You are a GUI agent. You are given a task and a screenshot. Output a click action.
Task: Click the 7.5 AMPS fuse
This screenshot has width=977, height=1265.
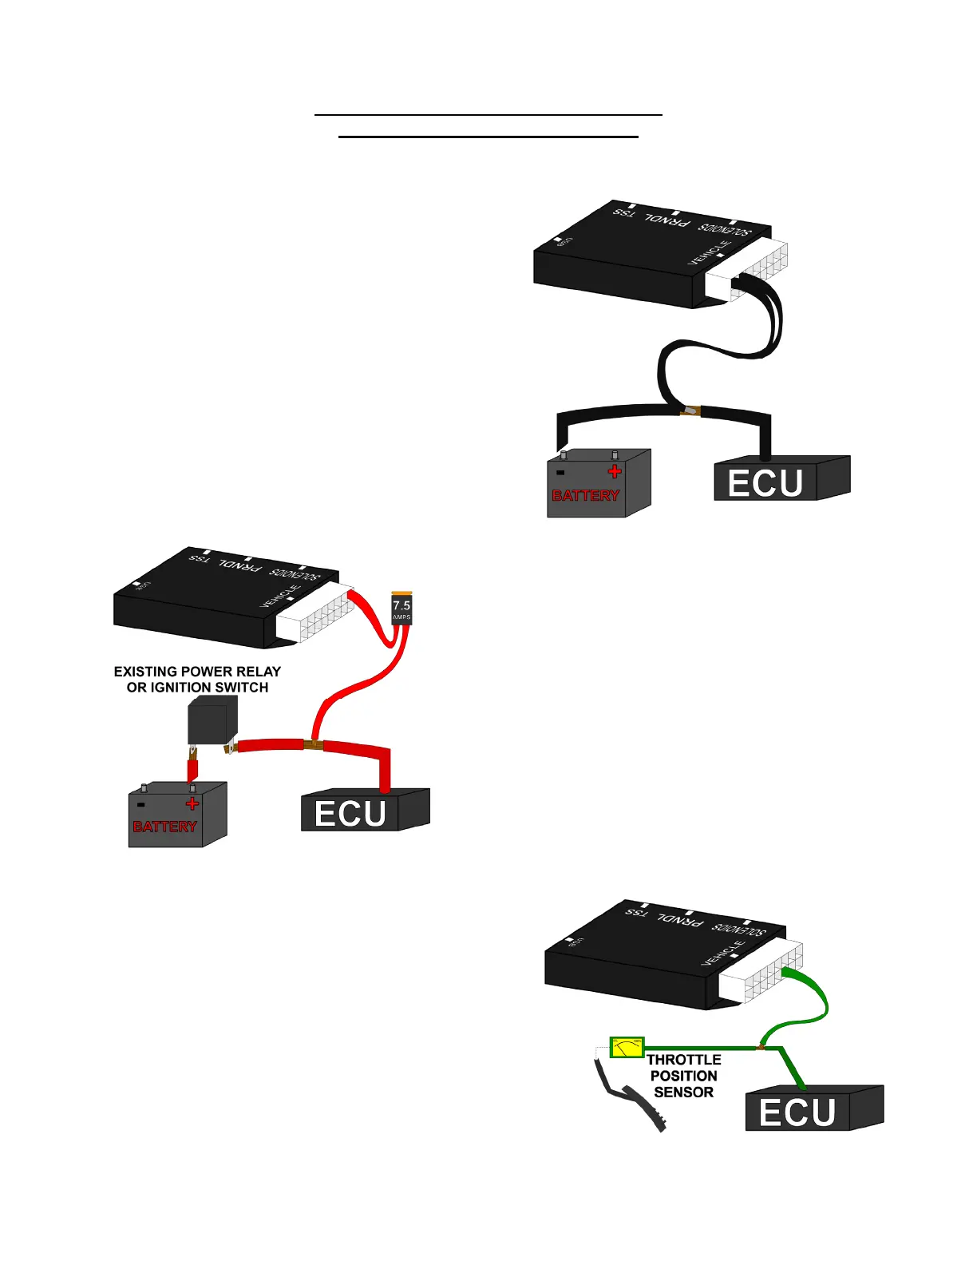pyautogui.click(x=401, y=609)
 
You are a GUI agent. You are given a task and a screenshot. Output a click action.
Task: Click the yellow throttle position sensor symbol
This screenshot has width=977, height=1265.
pyautogui.click(x=627, y=1047)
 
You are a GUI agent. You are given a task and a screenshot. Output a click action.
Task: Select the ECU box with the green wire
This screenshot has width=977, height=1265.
pyautogui.click(x=813, y=1109)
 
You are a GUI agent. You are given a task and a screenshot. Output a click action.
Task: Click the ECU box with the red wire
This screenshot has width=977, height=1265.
pyautogui.click(x=365, y=811)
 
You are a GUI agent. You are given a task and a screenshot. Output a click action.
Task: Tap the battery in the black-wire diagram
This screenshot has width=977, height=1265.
pyautogui.click(x=598, y=485)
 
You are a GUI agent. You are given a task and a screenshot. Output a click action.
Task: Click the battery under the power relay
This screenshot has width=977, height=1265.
pyautogui.click(x=177, y=815)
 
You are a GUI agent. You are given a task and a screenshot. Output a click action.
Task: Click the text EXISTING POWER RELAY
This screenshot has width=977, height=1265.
pyautogui.click(x=197, y=672)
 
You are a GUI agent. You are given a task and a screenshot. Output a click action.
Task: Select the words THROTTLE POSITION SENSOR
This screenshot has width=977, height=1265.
pyautogui.click(x=683, y=1076)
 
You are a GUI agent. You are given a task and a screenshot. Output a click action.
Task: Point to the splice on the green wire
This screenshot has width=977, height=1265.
pyautogui.click(x=761, y=1046)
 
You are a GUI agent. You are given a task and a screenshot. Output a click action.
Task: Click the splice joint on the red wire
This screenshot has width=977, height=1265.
pyautogui.click(x=313, y=745)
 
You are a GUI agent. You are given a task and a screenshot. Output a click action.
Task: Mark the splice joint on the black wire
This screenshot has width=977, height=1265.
pyautogui.click(x=689, y=412)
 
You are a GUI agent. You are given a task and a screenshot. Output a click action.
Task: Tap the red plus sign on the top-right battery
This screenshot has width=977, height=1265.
pyautogui.click(x=615, y=471)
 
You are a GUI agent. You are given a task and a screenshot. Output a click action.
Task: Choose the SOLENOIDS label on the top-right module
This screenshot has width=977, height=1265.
pyautogui.click(x=725, y=228)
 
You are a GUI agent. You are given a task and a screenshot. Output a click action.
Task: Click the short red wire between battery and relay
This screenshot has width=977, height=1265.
pyautogui.click(x=192, y=769)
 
